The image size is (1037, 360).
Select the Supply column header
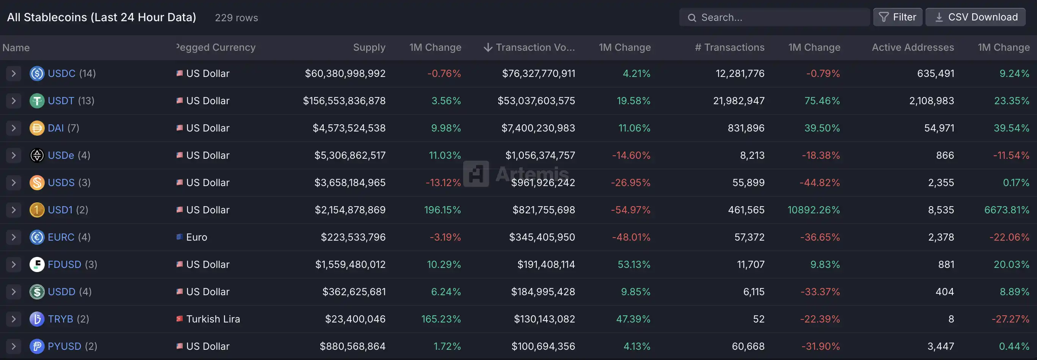tap(369, 47)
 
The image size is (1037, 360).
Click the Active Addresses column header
tap(913, 47)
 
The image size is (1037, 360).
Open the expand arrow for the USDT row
tap(14, 101)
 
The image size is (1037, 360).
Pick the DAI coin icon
tap(37, 128)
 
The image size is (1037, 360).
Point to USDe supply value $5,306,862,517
tap(350, 155)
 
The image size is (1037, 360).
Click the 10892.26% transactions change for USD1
tap(814, 210)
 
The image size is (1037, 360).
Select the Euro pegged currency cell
tap(196, 237)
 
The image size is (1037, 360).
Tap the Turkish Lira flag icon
tap(180, 319)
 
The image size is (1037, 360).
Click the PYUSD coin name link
tap(64, 346)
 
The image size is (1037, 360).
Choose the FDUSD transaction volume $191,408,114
tap(546, 265)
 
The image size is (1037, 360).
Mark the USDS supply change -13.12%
tap(443, 183)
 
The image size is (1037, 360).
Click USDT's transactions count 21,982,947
tap(739, 101)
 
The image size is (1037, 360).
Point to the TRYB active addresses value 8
tap(951, 319)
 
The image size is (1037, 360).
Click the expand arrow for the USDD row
tap(14, 291)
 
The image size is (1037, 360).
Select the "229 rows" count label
tap(236, 18)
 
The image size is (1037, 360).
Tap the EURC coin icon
tap(37, 237)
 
